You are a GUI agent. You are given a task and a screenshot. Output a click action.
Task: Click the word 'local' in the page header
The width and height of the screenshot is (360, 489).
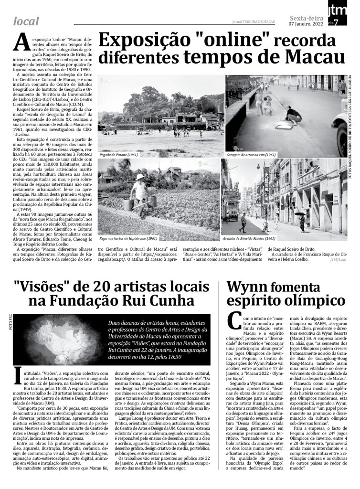[27, 21]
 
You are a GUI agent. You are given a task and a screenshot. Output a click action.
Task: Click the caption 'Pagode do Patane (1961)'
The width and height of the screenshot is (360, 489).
[119, 155]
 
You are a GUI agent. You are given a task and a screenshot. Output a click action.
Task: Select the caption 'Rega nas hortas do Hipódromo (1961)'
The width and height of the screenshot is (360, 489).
[128, 238]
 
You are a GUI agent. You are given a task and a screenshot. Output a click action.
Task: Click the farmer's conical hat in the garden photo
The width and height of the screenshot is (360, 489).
[139, 177]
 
